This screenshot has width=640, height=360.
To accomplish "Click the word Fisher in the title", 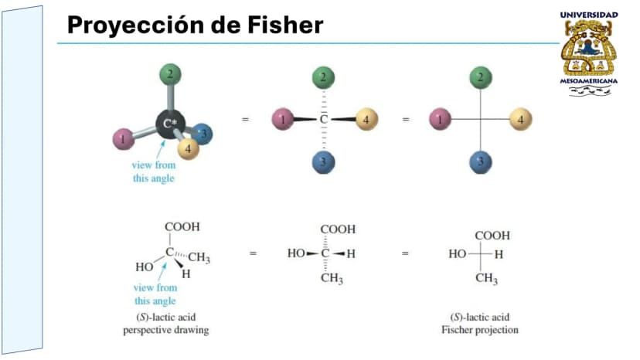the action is (285, 25).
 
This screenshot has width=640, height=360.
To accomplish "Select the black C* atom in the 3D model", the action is (170, 124).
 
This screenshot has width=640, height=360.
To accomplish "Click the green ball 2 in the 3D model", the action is (170, 75).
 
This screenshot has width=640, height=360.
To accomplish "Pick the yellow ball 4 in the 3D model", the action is (188, 148).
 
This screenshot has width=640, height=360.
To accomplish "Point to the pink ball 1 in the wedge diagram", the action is (283, 119).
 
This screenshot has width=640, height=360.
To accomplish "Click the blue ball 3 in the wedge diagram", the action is (323, 162).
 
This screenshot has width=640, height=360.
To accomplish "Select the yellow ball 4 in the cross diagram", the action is (521, 119).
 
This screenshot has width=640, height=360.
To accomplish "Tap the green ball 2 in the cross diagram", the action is (481, 77).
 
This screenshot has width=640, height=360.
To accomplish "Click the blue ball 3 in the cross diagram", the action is (481, 162).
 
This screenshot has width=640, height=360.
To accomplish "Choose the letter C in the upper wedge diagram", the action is (323, 119).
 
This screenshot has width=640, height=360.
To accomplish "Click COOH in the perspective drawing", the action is (182, 227).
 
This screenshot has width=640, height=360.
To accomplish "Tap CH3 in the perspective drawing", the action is (199, 257).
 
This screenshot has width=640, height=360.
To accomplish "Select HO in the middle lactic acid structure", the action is (296, 253).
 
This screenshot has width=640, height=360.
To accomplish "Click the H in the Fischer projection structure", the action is (499, 255).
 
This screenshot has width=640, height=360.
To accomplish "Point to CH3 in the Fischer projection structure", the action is (486, 279).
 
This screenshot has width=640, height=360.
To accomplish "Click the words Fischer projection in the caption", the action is (479, 330).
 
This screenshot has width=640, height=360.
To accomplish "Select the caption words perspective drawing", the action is (165, 330).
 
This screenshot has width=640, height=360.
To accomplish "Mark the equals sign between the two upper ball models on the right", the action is (406, 120).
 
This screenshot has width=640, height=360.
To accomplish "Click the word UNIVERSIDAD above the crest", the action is (588, 15).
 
